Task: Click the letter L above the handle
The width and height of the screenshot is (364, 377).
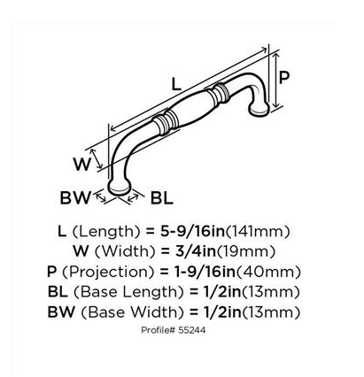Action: point(176,84)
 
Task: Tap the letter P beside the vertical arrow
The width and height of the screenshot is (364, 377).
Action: point(283,78)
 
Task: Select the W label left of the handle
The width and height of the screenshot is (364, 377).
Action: point(81,164)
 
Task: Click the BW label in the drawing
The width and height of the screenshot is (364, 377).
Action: point(75,197)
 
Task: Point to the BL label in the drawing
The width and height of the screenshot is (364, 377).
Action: point(162,197)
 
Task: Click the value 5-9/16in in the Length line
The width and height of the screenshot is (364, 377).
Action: point(193,232)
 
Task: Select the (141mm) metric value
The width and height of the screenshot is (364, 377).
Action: point(258,232)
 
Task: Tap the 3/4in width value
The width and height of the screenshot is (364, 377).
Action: point(190,251)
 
